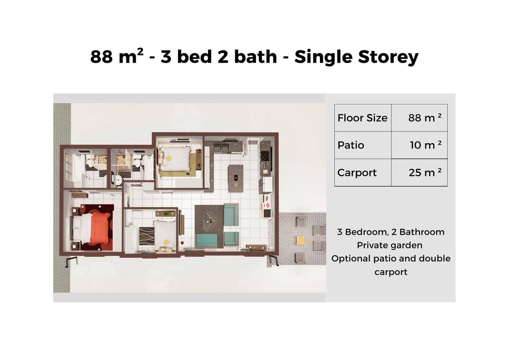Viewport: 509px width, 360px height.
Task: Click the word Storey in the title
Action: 388,57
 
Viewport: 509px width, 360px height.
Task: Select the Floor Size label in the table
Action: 362,118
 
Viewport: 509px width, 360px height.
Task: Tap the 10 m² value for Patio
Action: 425,145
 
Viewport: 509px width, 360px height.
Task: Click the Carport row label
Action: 357,173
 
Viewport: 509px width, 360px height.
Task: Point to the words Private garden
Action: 389,245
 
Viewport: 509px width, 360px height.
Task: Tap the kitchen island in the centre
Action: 236,178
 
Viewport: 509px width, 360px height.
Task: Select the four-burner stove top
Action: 265,156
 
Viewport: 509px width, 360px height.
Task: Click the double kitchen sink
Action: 221,146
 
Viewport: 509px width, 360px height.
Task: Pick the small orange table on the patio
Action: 300,240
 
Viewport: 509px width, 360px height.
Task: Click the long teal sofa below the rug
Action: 206,240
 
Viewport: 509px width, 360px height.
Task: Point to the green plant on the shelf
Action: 166,214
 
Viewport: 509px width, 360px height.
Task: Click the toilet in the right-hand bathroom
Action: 137,161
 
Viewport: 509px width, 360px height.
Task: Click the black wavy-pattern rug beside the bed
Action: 147,236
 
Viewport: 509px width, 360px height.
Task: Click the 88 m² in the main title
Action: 117,56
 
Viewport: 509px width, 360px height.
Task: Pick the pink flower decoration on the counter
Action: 267,206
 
